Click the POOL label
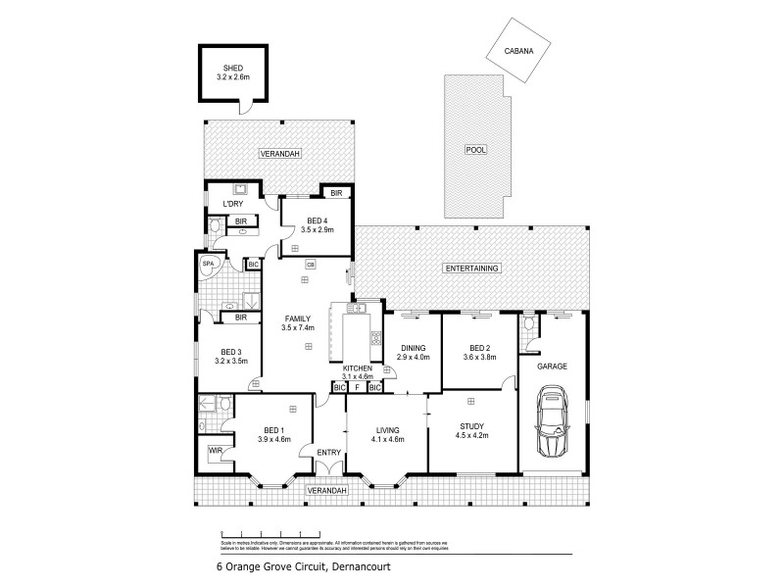(x=476, y=150)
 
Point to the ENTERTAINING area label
(x=472, y=269)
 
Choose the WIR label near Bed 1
(x=215, y=451)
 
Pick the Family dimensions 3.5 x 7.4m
(x=297, y=328)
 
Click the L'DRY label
(x=232, y=203)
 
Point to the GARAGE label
(x=552, y=367)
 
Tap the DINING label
(x=411, y=347)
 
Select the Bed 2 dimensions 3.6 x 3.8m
(x=479, y=358)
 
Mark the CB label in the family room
(x=310, y=264)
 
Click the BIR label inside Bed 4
(x=335, y=193)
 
